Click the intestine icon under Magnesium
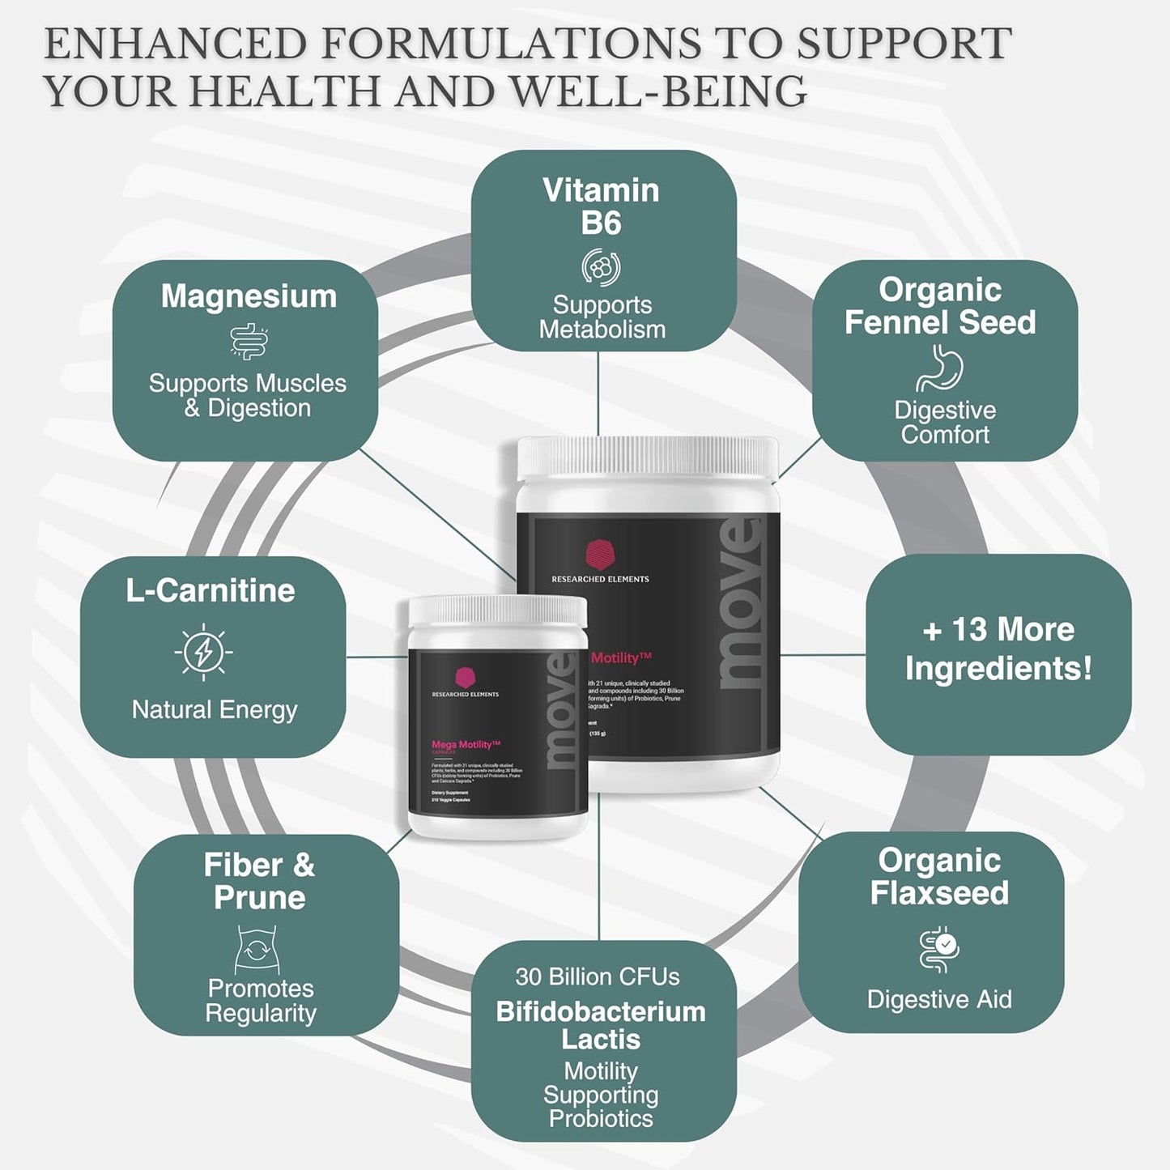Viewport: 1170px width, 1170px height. coord(249,342)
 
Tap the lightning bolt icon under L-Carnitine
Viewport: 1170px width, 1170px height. coord(203,652)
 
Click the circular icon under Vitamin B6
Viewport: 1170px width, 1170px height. coord(601,268)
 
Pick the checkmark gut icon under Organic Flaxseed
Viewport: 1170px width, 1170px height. coord(939,951)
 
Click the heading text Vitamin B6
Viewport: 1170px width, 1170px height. coord(601,206)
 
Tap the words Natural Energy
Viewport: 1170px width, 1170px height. coord(215,710)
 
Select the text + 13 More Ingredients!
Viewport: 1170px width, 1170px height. coord(998,649)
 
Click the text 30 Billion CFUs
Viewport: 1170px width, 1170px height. coord(598,976)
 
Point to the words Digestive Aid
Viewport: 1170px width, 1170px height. coord(939,999)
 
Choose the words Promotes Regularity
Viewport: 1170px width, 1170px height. coord(261,1001)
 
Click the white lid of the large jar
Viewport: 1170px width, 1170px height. coord(648,457)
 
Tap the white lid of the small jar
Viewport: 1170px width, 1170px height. coord(497,611)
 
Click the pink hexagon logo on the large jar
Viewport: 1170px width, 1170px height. coord(600,555)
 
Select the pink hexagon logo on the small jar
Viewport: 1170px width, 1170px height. coord(465,677)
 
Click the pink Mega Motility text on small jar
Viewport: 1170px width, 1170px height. coord(466,744)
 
